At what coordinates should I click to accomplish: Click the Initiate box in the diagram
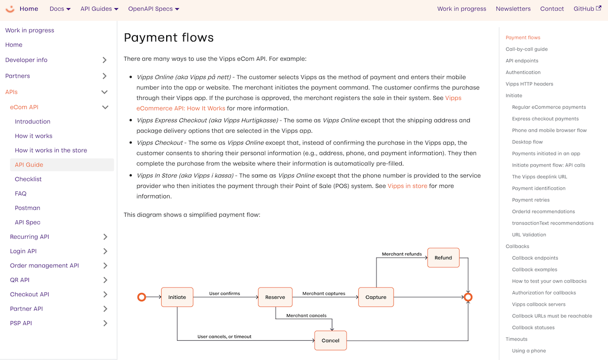pos(177,297)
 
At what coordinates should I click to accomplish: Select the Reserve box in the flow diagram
pos(275,297)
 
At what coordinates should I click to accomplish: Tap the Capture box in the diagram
pos(375,297)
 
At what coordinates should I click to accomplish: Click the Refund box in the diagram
pos(443,258)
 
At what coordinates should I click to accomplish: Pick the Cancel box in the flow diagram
pos(330,340)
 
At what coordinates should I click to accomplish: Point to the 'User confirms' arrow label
pos(224,293)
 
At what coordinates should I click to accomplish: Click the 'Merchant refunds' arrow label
pos(401,254)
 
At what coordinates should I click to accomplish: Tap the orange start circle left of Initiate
pos(142,297)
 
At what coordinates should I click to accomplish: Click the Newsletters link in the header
pos(513,9)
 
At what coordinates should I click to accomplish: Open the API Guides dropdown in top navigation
pos(99,9)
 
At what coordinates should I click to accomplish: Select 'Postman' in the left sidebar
pos(27,208)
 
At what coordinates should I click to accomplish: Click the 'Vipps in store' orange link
pos(407,186)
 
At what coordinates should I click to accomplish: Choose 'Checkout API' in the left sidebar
pos(29,294)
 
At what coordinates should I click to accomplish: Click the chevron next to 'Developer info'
pos(104,60)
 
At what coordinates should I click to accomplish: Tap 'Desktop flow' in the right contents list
pos(527,142)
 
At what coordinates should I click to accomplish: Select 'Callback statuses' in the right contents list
pos(533,328)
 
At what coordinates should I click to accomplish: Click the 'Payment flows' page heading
pos(169,37)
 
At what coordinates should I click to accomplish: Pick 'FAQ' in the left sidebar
pos(20,193)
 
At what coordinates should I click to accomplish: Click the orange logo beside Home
pos(10,9)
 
